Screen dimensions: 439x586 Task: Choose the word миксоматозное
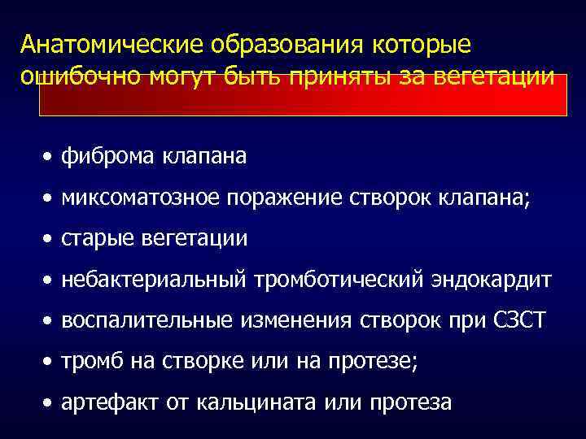coord(142,197)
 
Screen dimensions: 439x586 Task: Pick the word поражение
coord(286,197)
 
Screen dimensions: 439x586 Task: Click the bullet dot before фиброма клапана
coord(50,155)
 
